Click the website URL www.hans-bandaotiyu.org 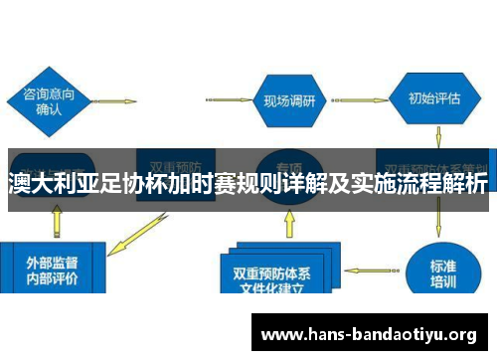click(368, 334)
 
